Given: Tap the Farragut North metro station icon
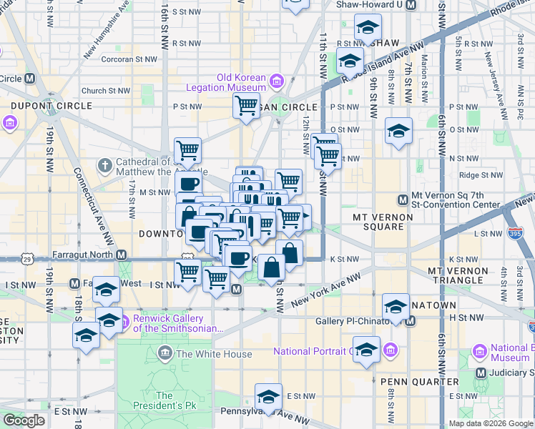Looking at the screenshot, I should coord(122,255).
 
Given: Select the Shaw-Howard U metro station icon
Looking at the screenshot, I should coord(411,4).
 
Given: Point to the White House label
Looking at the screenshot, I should coord(214,354).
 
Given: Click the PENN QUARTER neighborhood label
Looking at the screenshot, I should coord(408,381).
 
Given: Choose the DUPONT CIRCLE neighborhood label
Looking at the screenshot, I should coord(51,106).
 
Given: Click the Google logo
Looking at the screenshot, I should coord(24,420).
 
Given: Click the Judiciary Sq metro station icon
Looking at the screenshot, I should coord(481,373).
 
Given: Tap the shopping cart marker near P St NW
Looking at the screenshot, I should coord(246,106).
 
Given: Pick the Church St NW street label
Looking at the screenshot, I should coord(106,91).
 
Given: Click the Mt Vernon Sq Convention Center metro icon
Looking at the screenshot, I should coord(403,199).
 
